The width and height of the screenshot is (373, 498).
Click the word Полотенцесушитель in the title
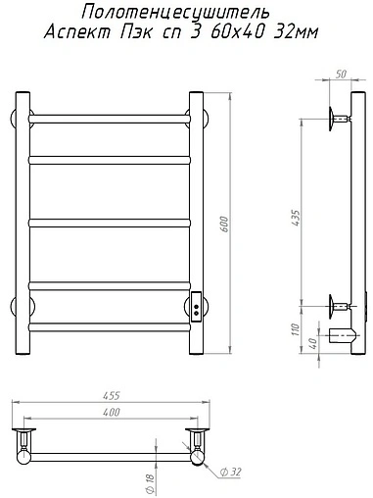tap(175, 13)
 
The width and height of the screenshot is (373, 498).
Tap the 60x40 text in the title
tap(237, 32)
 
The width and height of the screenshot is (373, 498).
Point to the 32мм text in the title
tap(296, 32)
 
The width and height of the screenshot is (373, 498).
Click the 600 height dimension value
tap(224, 224)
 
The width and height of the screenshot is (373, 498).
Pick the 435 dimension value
tap(296, 219)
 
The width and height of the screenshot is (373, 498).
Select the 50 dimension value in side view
tap(341, 75)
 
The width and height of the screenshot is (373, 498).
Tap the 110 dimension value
tap(296, 329)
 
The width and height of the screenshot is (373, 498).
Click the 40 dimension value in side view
tap(312, 343)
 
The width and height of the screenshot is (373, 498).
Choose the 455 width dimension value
tap(112, 396)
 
